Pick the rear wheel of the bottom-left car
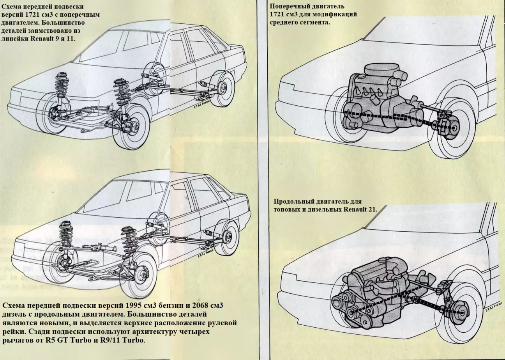click(227, 237)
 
